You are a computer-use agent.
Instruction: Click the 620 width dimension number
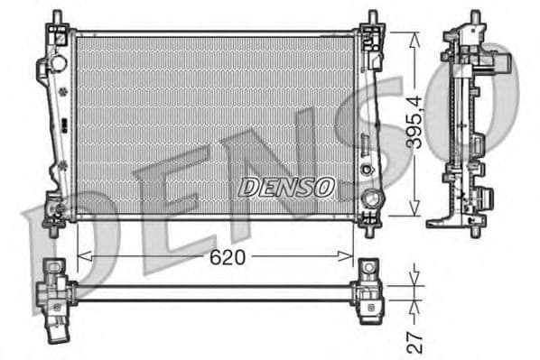228,257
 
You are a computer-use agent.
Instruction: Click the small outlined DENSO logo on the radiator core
286,187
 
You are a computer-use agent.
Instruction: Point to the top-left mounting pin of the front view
57,19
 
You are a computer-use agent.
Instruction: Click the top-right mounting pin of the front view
372,19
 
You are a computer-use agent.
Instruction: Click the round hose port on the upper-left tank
58,64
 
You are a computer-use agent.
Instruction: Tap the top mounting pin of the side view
474,18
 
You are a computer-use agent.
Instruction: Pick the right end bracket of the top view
368,291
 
